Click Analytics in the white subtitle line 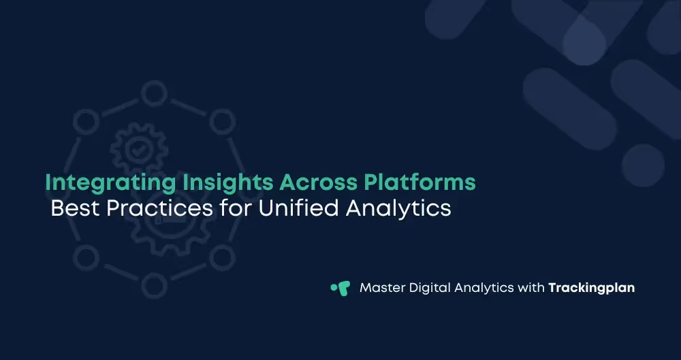[398, 208]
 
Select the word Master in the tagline [381, 288]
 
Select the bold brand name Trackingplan [591, 288]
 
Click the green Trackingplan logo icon [340, 288]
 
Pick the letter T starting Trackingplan [552, 288]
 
